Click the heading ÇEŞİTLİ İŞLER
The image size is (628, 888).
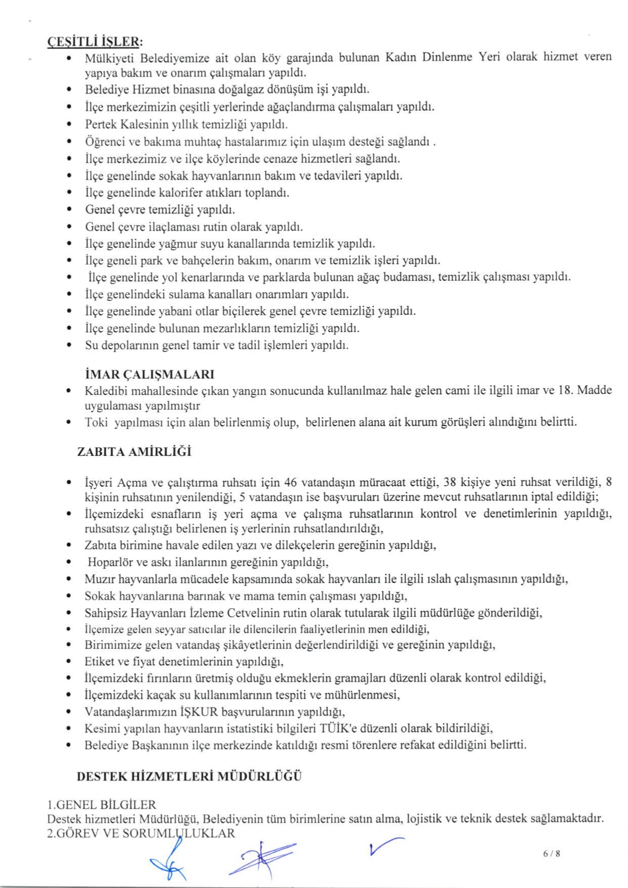pos(95,41)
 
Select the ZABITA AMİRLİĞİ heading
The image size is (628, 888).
pos(134,452)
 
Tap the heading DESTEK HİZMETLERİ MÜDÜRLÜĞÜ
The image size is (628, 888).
pos(189,776)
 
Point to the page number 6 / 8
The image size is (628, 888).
pos(552,854)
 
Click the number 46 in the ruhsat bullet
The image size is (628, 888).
pos(290,481)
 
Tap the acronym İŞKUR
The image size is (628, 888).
pos(199,712)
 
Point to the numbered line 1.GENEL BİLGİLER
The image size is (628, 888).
pos(101,805)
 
